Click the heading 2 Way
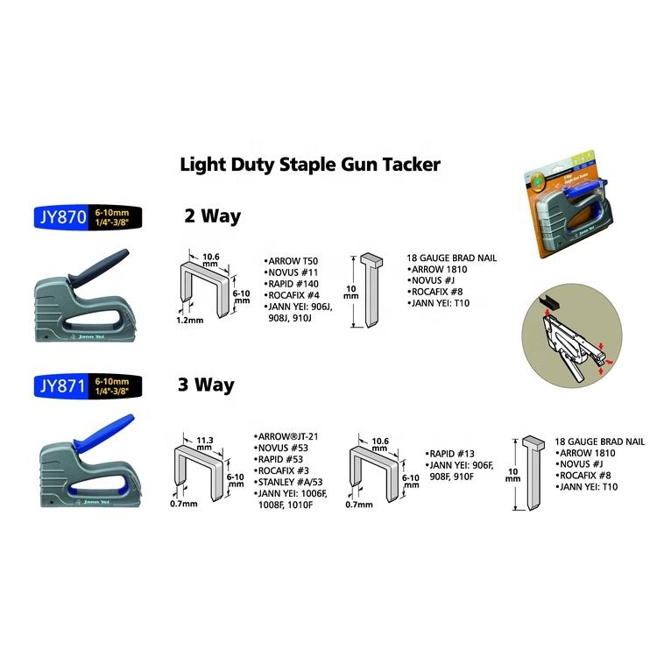(211, 215)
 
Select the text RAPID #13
(454, 454)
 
